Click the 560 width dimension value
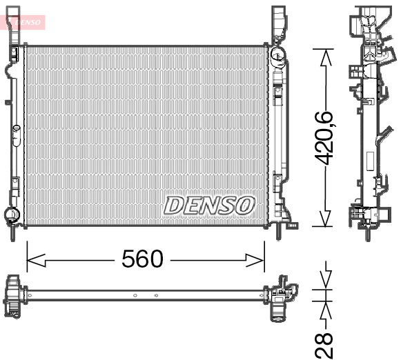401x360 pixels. [x=142, y=259]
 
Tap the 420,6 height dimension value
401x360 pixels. [x=324, y=138]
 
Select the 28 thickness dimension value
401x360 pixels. [x=324, y=346]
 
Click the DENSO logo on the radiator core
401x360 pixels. [x=208, y=206]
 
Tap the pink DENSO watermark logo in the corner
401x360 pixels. [x=23, y=22]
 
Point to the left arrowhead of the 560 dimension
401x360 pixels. [x=36, y=261]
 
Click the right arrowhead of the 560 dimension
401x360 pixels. [x=255, y=261]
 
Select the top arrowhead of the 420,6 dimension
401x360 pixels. [x=326, y=57]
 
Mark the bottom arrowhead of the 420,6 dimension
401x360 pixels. [x=326, y=218]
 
